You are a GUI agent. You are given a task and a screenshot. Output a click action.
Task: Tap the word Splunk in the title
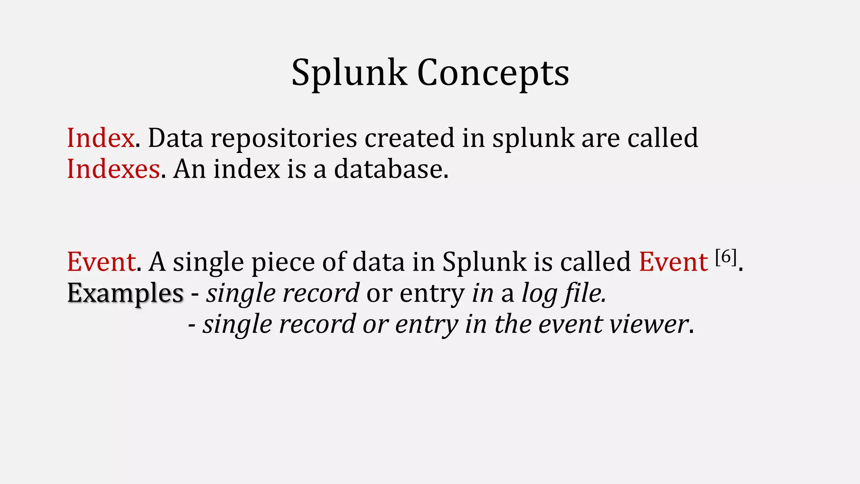click(349, 73)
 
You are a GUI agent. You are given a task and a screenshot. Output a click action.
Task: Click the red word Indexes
click(113, 169)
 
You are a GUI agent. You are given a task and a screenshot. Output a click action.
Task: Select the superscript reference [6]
click(726, 257)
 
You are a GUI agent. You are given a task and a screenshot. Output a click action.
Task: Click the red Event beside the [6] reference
click(673, 262)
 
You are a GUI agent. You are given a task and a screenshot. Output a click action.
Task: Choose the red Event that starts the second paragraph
click(101, 262)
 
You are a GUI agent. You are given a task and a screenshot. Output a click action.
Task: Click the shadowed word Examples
click(125, 293)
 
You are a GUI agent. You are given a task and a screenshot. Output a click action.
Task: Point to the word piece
click(283, 262)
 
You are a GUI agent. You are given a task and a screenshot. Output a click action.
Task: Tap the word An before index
click(189, 169)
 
